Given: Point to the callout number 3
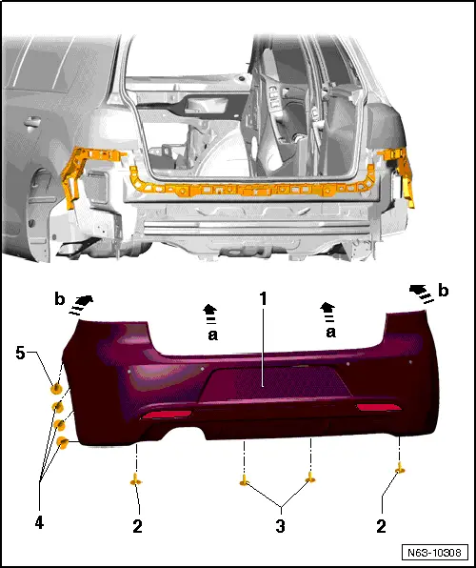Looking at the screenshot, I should pyautogui.click(x=280, y=525).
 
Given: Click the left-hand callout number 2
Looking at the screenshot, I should pyautogui.click(x=139, y=524).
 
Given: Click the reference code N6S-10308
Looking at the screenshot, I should pyautogui.click(x=436, y=552).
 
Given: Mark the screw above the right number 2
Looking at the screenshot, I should pyautogui.click(x=401, y=468).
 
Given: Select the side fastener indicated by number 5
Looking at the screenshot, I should pyautogui.click(x=57, y=389).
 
